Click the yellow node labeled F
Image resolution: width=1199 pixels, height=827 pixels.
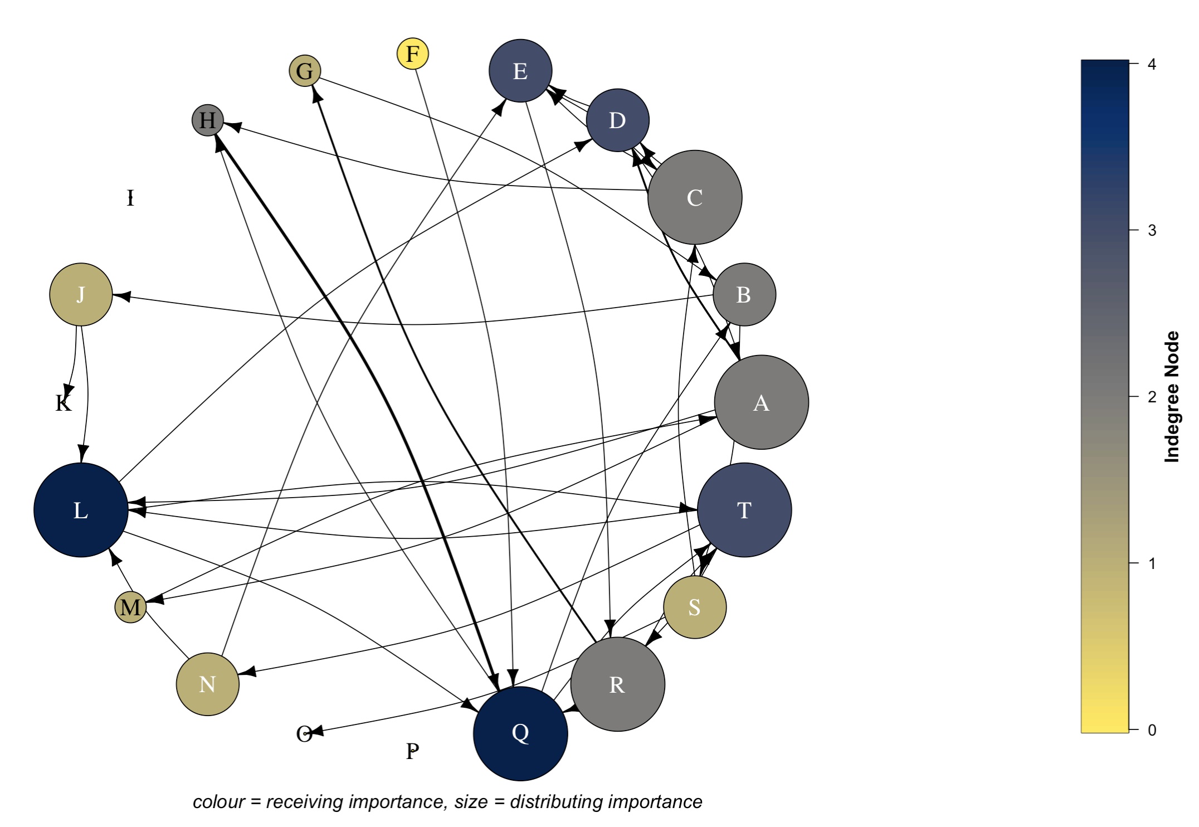point(412,54)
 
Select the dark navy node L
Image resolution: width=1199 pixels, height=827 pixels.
point(81,510)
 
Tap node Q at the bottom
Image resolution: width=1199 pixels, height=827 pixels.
point(520,733)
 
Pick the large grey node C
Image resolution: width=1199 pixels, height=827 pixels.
point(695,197)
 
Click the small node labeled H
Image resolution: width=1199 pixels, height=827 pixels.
point(207,120)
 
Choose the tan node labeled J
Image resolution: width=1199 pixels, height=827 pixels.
point(81,294)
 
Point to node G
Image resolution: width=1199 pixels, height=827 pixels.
point(305,71)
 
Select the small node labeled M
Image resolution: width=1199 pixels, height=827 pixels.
point(130,607)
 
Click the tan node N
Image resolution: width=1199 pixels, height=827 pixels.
point(207,684)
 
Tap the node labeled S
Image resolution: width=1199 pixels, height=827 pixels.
point(695,607)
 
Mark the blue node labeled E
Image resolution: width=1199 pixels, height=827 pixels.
point(520,71)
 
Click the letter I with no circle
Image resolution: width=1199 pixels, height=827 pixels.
point(130,198)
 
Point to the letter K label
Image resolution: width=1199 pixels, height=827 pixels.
point(64,403)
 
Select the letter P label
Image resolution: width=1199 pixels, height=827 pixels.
point(412,751)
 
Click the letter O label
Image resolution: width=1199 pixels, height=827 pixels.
point(304,734)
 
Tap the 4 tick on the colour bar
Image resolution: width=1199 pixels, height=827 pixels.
point(1152,64)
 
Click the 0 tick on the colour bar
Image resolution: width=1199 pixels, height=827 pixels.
point(1152,729)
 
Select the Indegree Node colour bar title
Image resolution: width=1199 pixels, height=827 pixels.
point(1172,397)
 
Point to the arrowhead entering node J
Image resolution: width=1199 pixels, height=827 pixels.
point(121,296)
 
